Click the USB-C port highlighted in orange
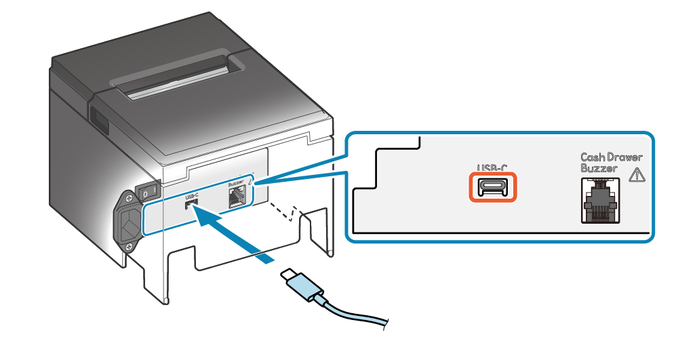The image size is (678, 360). click(493, 187)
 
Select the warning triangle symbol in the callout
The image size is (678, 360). click(637, 174)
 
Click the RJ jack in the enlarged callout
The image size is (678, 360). click(599, 201)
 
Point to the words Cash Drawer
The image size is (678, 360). click(611, 157)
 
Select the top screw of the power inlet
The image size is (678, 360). click(127, 199)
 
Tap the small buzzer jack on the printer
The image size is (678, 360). click(237, 197)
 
